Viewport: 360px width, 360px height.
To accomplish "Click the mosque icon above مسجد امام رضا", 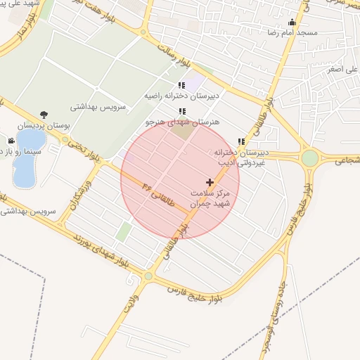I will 292,22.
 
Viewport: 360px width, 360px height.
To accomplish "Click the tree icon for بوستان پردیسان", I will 44,115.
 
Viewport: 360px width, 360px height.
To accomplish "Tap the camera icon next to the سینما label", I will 11,141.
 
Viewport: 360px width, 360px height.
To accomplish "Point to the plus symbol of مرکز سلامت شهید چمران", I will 209,182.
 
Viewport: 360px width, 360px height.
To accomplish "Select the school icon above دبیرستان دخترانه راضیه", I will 182,86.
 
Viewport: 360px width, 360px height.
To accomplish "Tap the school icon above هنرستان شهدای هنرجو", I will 182,111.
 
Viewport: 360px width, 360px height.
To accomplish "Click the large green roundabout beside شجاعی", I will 310,158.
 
